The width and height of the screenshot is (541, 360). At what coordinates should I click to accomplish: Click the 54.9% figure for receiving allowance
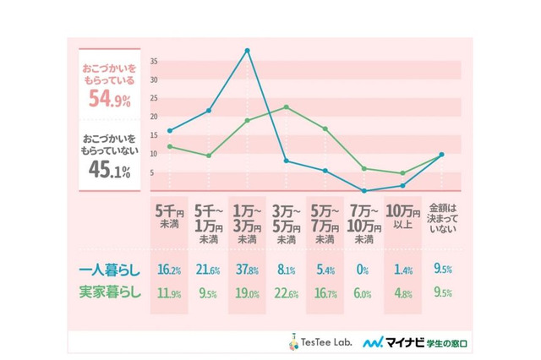tap(107, 101)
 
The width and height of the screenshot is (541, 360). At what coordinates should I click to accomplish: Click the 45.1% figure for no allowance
tap(107, 171)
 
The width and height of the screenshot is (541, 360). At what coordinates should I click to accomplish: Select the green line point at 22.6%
tap(287, 107)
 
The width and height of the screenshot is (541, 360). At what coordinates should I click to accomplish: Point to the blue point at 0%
tap(363, 190)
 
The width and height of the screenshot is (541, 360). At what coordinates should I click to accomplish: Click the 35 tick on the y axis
tap(152, 62)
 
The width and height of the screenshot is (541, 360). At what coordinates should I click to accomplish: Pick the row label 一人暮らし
tap(107, 270)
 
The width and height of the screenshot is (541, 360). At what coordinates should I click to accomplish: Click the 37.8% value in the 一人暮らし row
tap(246, 270)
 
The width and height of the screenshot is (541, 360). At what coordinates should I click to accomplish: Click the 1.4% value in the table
tap(402, 270)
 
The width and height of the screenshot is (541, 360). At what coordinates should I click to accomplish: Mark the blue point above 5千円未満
tap(170, 131)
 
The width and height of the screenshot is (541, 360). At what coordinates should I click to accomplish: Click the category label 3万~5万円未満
tap(286, 221)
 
